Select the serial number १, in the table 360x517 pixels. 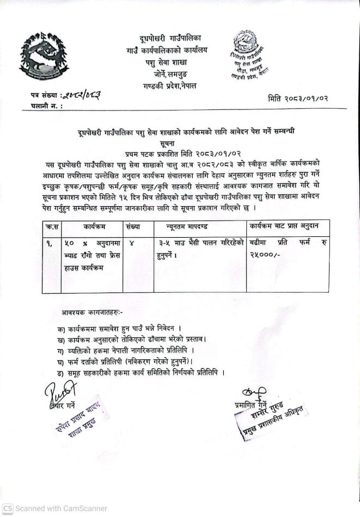point(50,243)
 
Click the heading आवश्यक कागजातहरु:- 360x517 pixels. point(92,312)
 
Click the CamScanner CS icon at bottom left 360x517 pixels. point(7,508)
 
